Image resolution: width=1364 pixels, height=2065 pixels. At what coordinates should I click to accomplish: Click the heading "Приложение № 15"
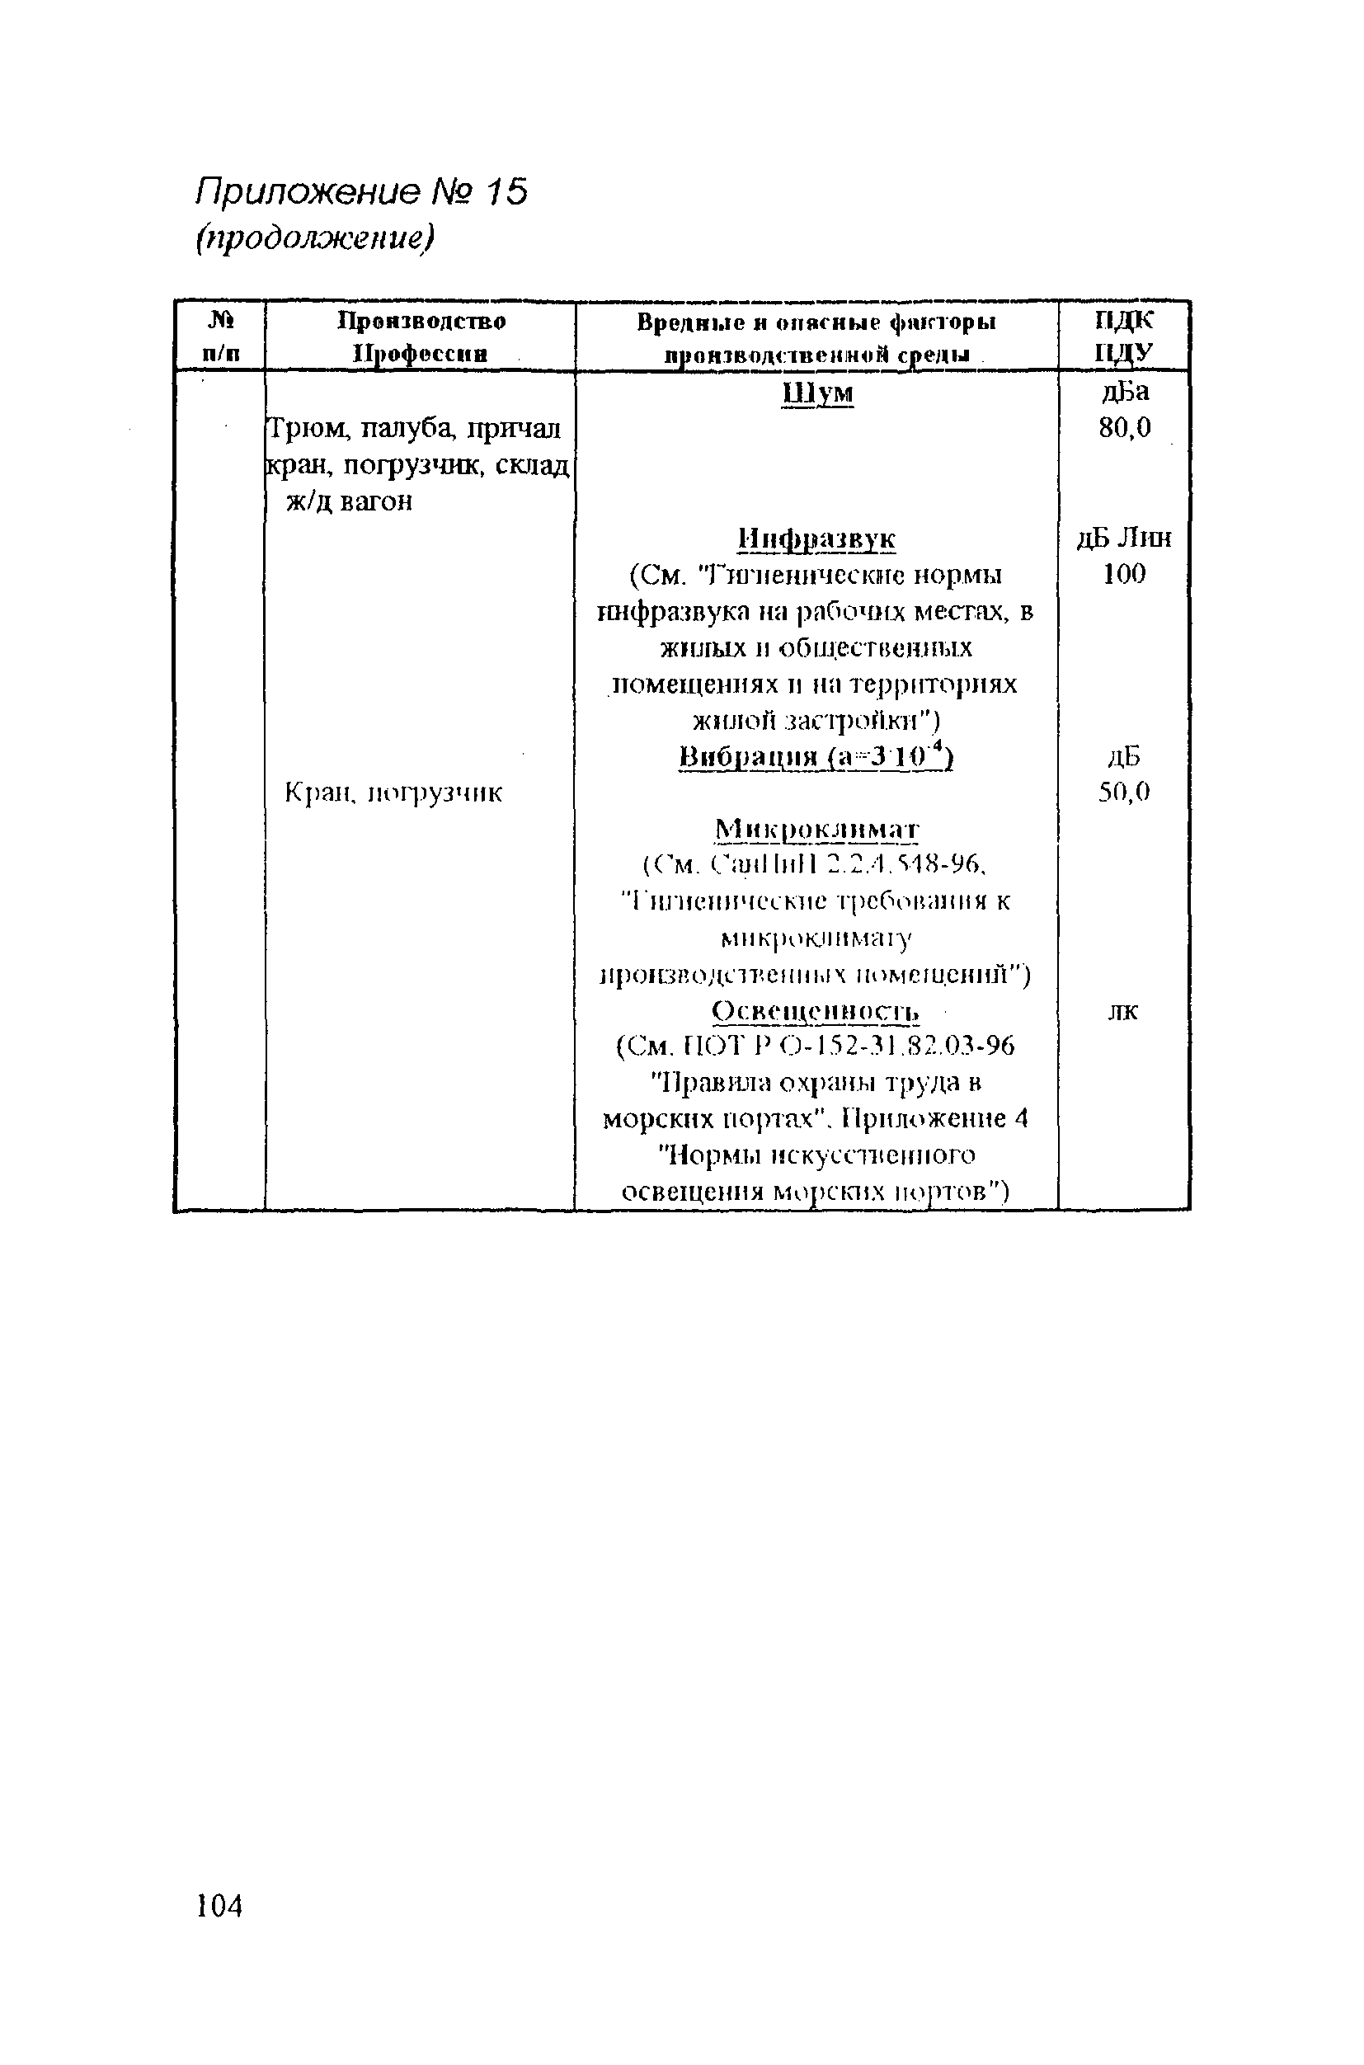coord(362,192)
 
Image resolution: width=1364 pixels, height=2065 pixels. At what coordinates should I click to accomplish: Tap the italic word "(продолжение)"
coord(313,238)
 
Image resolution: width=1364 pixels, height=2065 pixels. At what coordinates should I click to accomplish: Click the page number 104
coord(219,1906)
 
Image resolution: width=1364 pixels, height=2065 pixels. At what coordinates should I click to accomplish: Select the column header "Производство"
coord(421,322)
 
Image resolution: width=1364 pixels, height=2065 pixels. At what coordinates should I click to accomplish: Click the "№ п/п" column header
coord(221,337)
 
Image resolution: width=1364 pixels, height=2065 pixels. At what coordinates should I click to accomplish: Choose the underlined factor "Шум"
coord(817,394)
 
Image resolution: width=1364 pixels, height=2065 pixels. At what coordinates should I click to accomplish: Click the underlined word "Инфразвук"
coord(816,539)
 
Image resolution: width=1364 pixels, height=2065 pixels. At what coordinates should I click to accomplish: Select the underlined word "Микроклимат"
coord(816,830)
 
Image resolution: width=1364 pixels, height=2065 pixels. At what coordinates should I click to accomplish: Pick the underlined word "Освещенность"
coord(815,1012)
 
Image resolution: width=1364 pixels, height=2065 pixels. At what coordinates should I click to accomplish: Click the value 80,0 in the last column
coord(1124,428)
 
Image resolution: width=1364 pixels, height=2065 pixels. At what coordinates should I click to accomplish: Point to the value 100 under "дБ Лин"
coord(1124,574)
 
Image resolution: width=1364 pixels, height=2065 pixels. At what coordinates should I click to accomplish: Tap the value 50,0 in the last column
coord(1124,793)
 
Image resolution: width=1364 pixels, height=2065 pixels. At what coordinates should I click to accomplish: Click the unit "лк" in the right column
coord(1124,1012)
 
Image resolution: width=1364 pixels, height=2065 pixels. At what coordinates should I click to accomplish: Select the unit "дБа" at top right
coord(1125,393)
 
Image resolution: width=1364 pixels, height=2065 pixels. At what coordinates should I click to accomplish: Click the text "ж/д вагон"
coord(349,502)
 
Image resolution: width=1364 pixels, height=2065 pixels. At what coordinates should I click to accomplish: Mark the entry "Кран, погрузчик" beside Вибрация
coord(394,793)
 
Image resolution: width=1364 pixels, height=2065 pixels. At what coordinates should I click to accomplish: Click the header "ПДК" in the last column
coord(1124,321)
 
